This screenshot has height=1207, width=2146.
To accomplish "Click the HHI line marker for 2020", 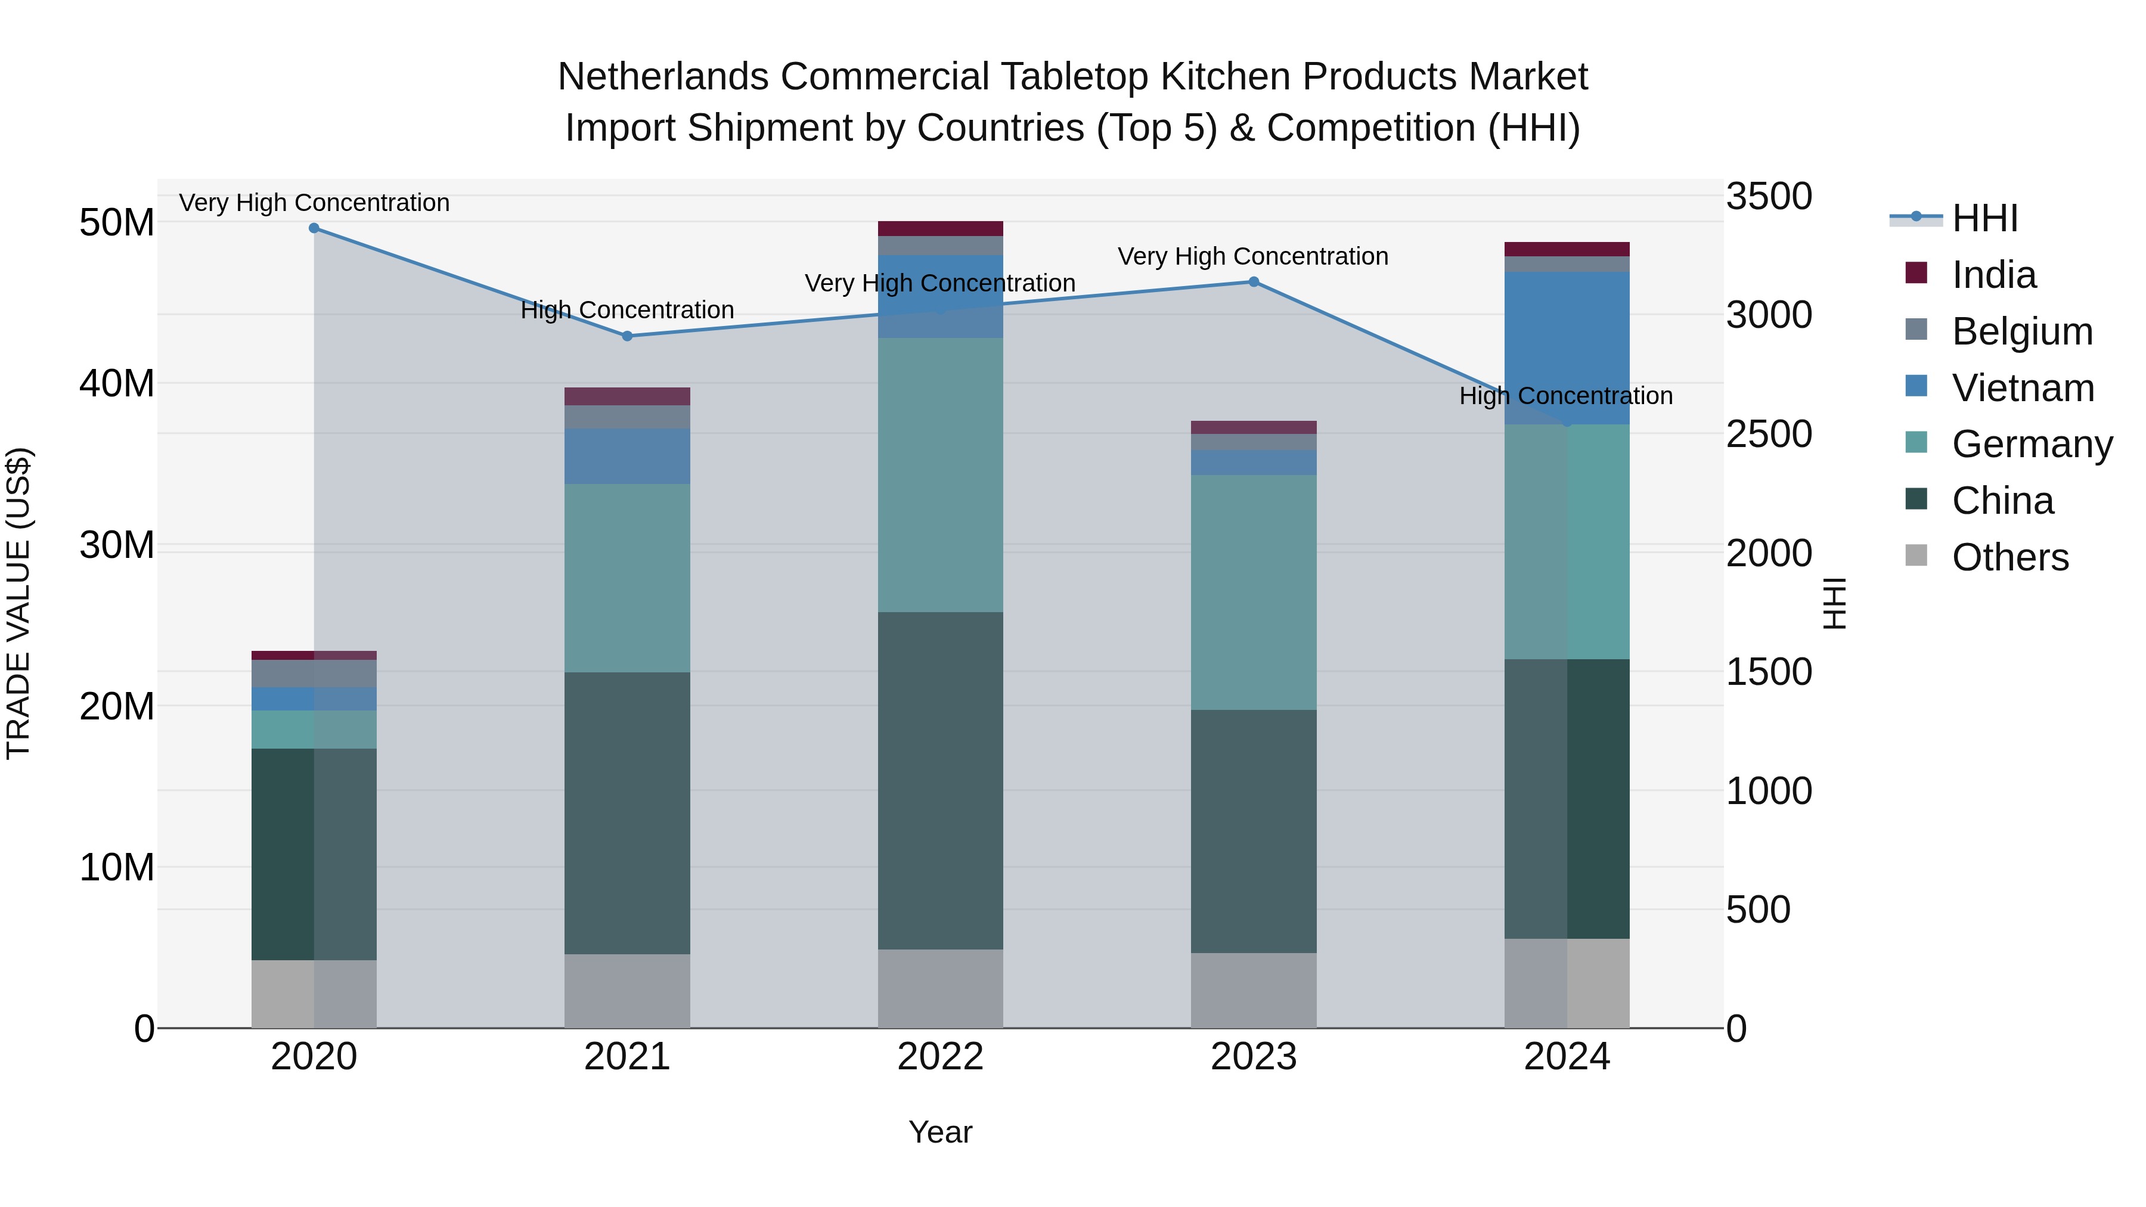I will (314, 228).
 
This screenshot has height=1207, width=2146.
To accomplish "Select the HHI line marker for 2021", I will (627, 336).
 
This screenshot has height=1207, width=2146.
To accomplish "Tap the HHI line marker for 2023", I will (1254, 281).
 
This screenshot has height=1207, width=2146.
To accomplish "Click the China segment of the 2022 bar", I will (941, 780).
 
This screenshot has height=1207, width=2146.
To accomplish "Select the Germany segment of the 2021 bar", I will (627, 578).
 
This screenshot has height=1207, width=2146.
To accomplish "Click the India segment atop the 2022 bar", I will (941, 228).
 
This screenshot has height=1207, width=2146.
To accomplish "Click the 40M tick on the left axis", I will (117, 384).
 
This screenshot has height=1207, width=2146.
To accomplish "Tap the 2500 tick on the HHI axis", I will (1768, 434).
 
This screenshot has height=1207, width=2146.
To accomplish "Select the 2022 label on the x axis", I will (941, 1057).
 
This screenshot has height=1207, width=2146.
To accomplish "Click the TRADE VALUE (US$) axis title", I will (18, 603).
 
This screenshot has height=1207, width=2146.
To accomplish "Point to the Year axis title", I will (941, 1132).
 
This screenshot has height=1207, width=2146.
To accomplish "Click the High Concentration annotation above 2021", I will (627, 310).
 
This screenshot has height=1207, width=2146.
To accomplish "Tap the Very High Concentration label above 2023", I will (1253, 256).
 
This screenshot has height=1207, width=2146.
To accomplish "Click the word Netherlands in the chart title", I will (663, 77).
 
